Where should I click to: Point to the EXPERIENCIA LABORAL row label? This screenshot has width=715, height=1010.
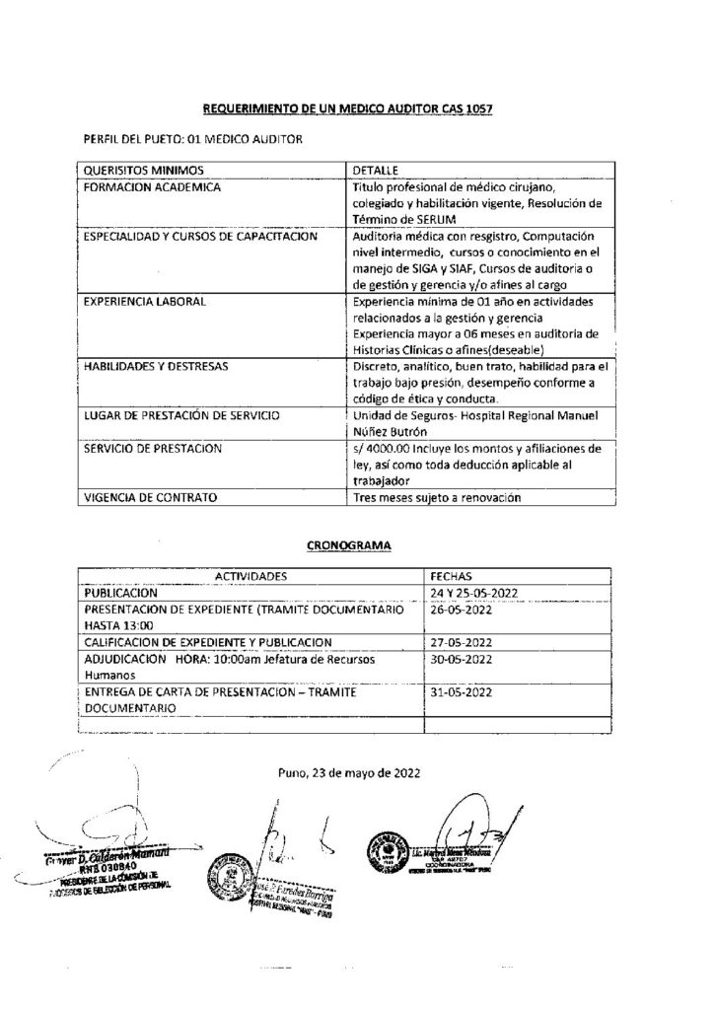point(144,300)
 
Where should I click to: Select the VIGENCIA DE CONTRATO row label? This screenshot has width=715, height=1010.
point(150,498)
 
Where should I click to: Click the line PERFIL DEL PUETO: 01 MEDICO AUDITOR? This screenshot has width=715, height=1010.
point(191,139)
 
